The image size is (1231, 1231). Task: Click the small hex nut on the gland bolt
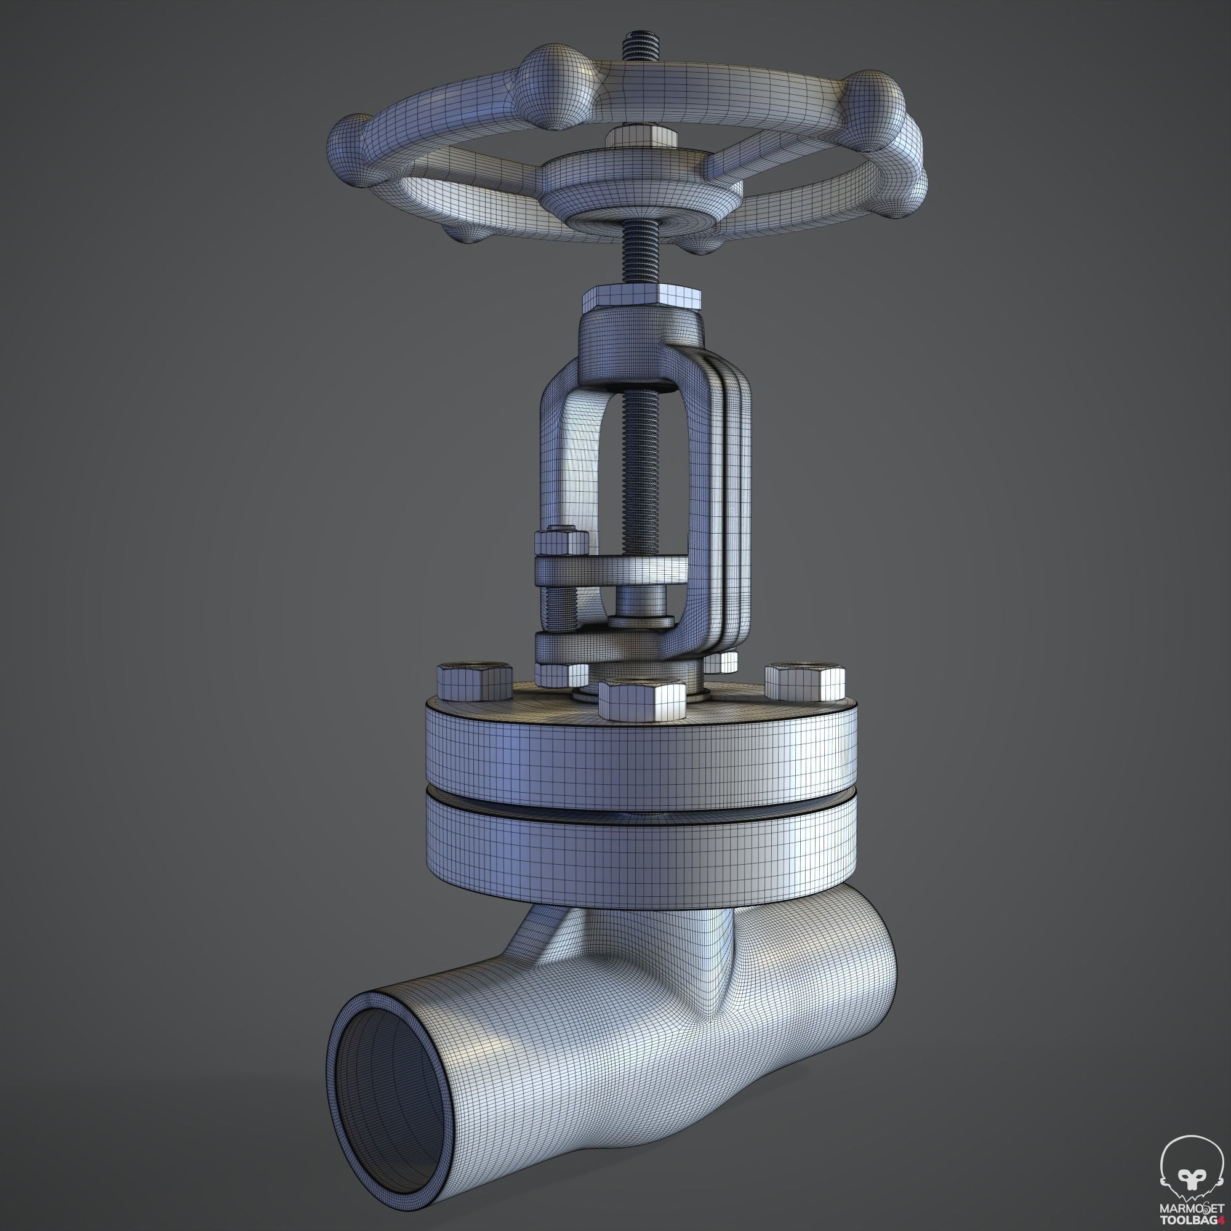coord(561,542)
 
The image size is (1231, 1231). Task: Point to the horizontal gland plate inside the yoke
coord(612,569)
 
